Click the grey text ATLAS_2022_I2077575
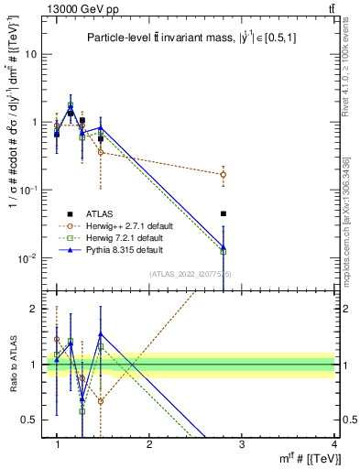click(x=191, y=274)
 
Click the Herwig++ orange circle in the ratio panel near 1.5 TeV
click(x=101, y=401)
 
